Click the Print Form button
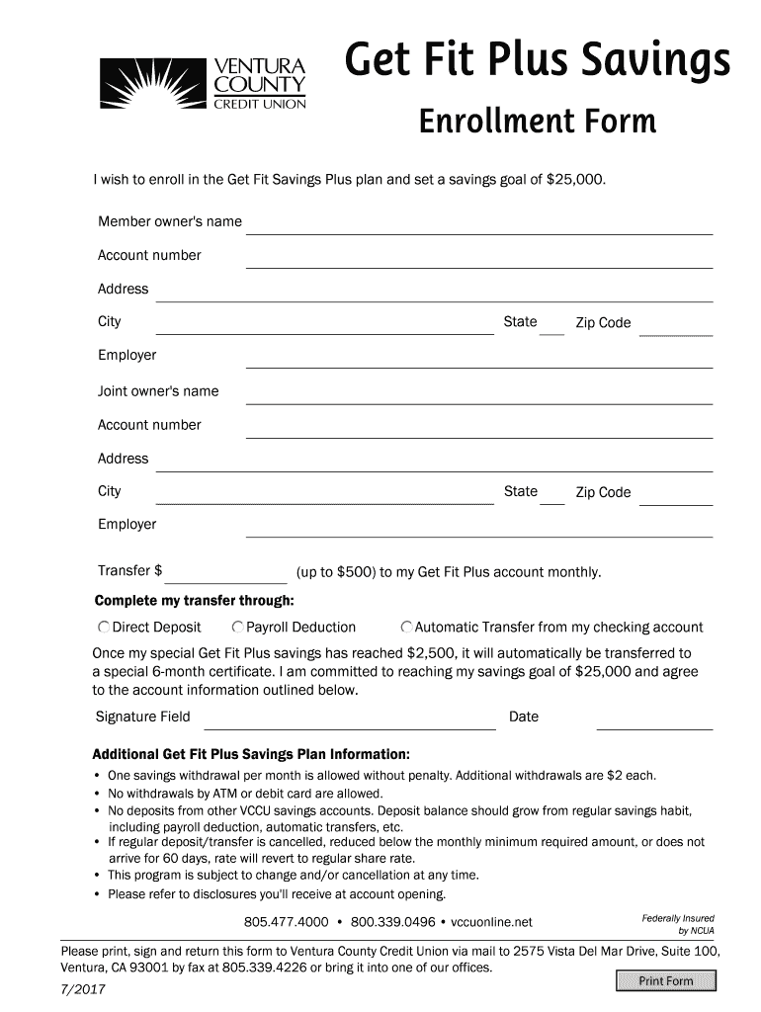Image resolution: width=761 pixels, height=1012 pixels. click(665, 980)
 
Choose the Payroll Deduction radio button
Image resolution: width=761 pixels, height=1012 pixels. click(237, 628)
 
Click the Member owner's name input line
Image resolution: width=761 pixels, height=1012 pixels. click(479, 225)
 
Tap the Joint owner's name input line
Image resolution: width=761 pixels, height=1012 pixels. click(479, 395)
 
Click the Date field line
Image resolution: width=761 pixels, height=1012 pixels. click(654, 720)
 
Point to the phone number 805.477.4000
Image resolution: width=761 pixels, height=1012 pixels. click(286, 923)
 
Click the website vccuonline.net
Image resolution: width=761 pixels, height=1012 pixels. click(491, 923)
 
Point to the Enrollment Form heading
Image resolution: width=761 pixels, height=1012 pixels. click(537, 123)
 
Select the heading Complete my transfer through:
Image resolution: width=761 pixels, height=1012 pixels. click(194, 602)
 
